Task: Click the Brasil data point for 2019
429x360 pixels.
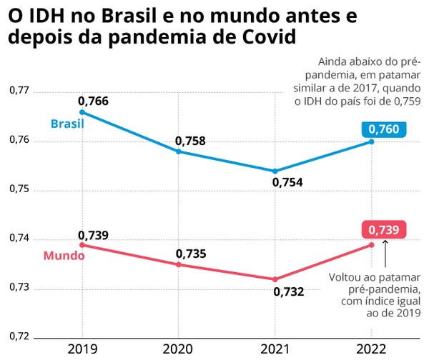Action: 82,112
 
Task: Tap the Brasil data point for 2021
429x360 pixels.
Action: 275,171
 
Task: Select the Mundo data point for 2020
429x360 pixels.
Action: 178,264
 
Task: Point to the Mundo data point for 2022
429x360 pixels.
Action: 372,245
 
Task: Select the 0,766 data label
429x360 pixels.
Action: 93,101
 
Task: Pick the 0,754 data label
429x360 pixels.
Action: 287,183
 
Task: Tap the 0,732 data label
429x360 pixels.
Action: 287,291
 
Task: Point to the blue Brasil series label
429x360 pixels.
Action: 67,124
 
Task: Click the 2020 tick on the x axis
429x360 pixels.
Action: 178,348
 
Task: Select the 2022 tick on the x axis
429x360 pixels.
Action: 372,348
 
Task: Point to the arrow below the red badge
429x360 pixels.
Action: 385,254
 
